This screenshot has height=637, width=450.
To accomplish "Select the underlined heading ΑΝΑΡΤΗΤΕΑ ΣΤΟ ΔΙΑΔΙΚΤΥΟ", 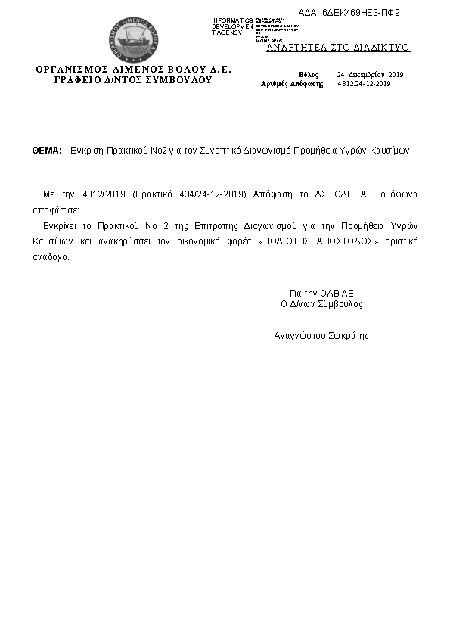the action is [338, 47].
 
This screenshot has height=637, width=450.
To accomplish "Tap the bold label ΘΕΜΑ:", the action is [47, 151].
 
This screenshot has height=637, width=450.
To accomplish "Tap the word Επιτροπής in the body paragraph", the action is [195, 226].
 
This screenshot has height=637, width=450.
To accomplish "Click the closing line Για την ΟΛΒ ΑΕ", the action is [321, 292].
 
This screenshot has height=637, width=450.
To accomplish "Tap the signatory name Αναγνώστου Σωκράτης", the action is [321, 334].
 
